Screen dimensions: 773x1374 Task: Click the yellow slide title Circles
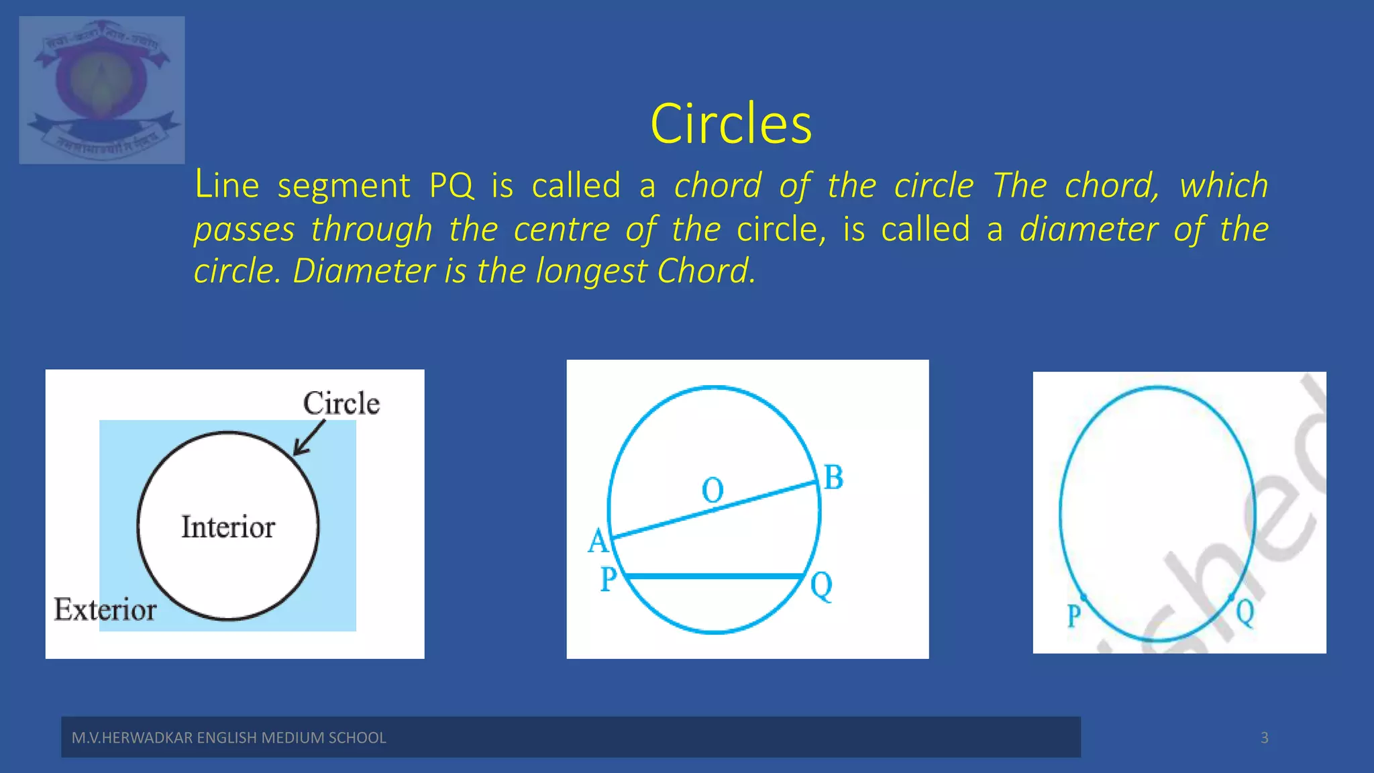[731, 124]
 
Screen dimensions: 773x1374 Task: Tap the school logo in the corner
[102, 90]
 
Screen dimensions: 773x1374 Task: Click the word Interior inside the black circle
[228, 527]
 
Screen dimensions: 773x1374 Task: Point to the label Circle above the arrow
[341, 403]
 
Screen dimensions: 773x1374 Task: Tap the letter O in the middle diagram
[712, 491]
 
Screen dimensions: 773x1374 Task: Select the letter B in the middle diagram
[833, 478]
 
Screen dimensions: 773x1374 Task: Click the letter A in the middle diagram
[598, 541]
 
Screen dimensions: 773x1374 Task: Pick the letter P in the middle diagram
[609, 579]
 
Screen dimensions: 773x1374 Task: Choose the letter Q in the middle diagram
[821, 586]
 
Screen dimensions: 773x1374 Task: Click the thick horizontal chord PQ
[715, 576]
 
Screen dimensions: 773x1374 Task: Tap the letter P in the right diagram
[1074, 615]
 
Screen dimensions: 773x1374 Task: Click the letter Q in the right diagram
[1245, 613]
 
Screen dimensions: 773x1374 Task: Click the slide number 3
[1264, 738]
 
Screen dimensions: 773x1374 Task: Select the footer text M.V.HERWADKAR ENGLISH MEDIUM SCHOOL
[229, 738]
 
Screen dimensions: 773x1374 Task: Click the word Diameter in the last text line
[364, 272]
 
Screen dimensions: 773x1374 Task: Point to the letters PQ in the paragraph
[451, 186]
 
